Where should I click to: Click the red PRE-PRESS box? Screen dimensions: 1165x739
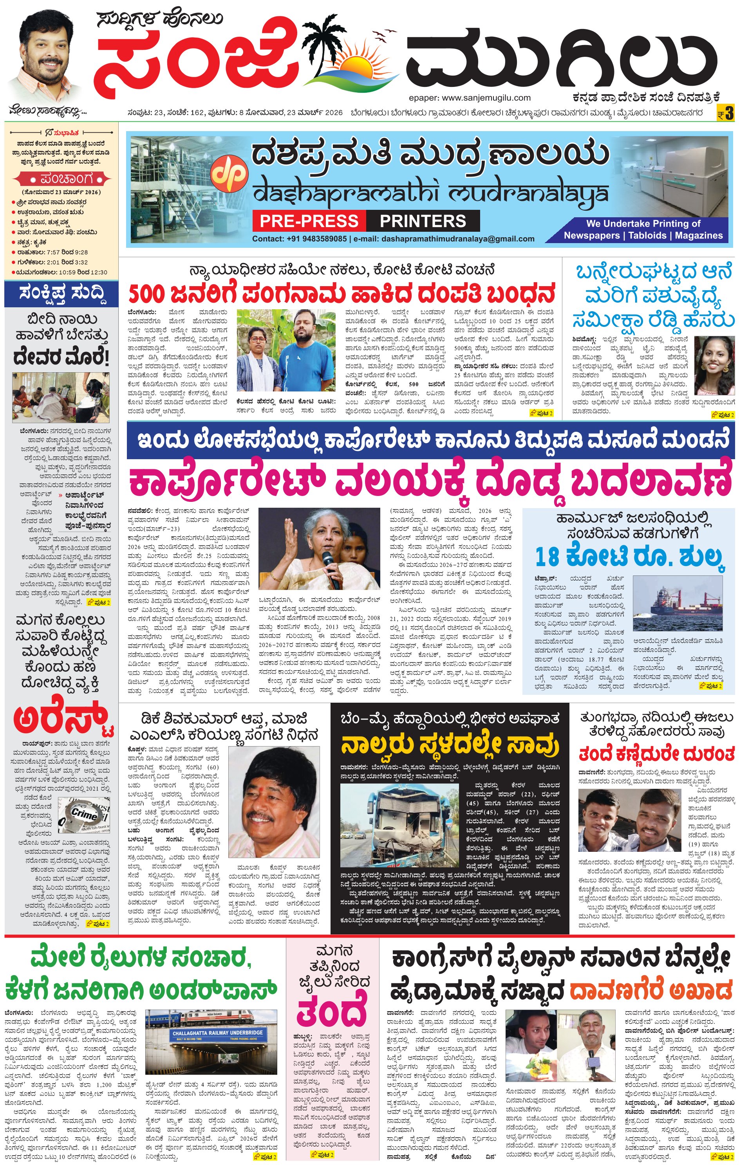[309, 221]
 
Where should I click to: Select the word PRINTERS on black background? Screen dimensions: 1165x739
[423, 221]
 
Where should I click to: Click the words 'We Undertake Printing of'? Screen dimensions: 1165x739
[643, 224]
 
